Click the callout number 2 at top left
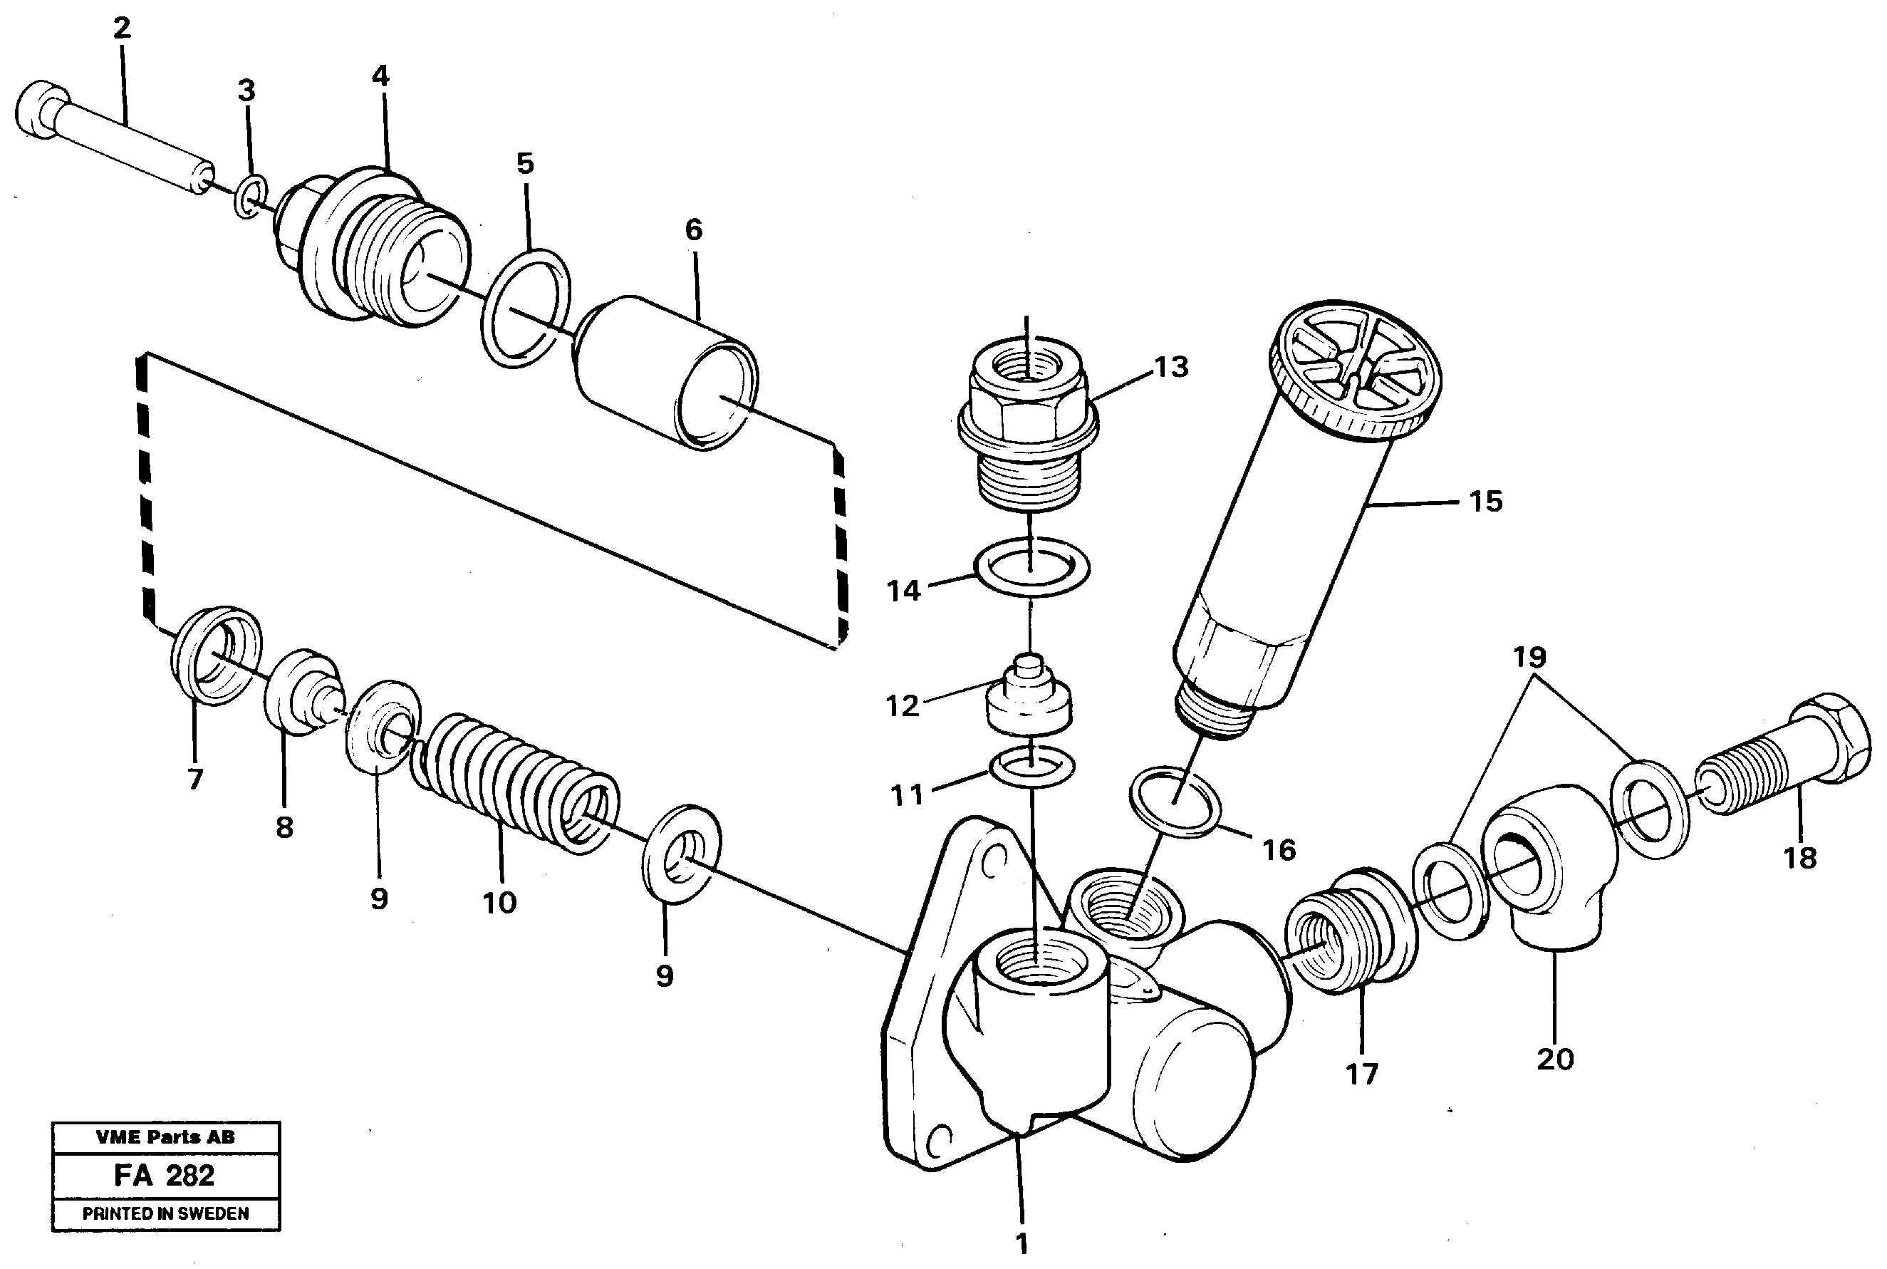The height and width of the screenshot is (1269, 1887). coord(121,29)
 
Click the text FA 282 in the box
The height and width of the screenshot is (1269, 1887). coord(165,1175)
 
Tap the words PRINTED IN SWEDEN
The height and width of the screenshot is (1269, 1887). coord(165,1214)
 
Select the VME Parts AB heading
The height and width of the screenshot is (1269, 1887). coord(165,1137)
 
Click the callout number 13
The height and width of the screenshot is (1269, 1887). coord(1171,368)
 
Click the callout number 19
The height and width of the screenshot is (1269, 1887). coord(1529,657)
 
